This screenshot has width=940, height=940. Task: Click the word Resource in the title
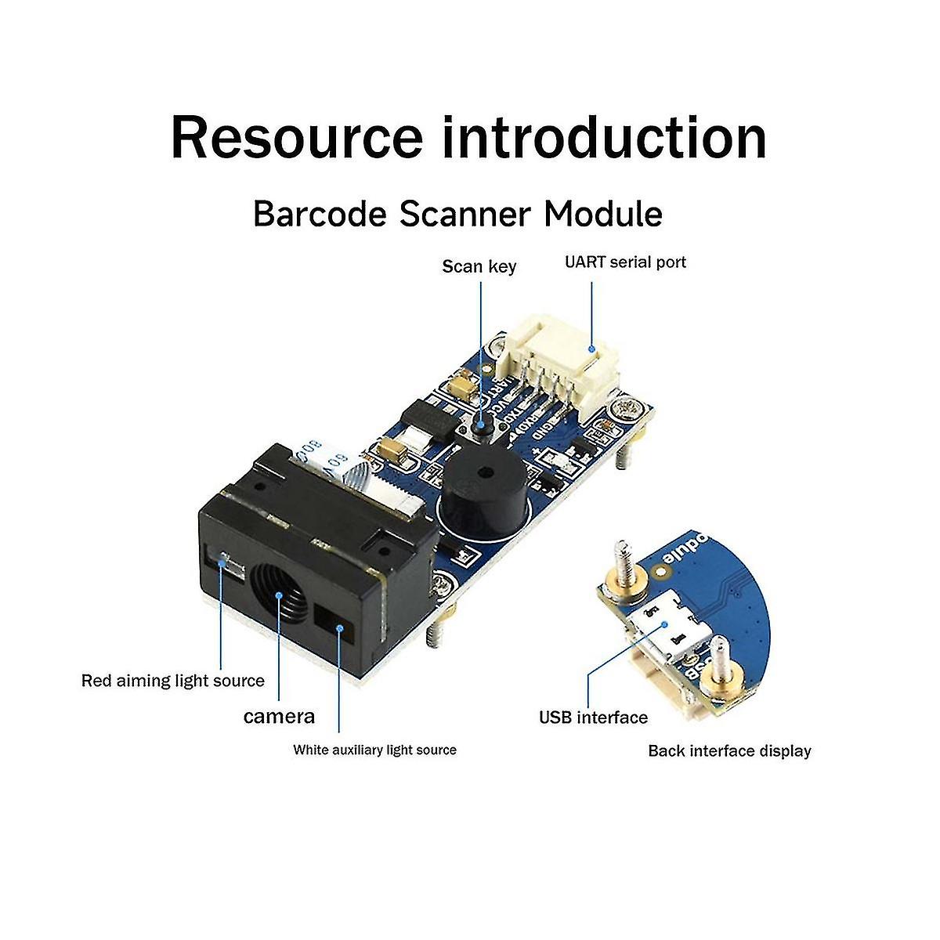pos(296,138)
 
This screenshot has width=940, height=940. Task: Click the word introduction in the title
pos(604,138)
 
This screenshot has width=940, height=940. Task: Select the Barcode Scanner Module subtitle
pos(457,214)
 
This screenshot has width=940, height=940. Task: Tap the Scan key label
pos(479,266)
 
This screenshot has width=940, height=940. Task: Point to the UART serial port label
pos(625,262)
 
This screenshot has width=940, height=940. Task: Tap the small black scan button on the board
pos(479,426)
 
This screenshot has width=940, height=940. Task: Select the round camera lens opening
pos(280,597)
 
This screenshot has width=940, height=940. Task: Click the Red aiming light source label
pos(173,681)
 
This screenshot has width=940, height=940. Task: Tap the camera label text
pos(279,716)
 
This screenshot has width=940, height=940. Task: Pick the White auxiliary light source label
pos(374,750)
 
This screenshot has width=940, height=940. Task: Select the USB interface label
pos(593,718)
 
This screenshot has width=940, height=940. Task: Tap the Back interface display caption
pos(729,751)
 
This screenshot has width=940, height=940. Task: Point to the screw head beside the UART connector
pos(624,409)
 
